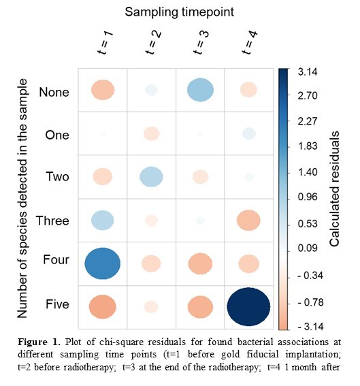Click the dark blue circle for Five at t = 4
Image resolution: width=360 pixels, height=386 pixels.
[248, 307]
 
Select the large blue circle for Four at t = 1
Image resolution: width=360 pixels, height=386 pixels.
[102, 263]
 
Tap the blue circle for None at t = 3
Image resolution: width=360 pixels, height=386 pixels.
[200, 90]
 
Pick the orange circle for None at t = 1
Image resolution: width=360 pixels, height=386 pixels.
[103, 90]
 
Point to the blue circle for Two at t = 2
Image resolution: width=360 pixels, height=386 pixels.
[151, 177]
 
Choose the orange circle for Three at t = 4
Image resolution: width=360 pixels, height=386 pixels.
[248, 221]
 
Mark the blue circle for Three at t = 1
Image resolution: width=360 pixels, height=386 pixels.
[103, 221]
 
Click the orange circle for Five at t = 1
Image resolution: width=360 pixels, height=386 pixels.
[102, 307]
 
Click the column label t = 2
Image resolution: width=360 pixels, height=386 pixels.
[153, 42]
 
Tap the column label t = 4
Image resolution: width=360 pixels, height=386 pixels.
[250, 42]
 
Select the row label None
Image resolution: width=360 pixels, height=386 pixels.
[54, 93]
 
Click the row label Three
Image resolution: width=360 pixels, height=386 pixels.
[52, 221]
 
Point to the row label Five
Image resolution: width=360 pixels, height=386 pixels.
[57, 304]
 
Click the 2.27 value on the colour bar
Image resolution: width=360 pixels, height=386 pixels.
[308, 121]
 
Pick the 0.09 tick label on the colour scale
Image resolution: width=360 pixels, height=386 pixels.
[308, 248]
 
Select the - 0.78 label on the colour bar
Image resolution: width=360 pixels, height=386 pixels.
[310, 302]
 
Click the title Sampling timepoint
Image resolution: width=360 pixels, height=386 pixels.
[180, 12]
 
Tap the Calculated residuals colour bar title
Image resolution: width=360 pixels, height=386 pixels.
[334, 189]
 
